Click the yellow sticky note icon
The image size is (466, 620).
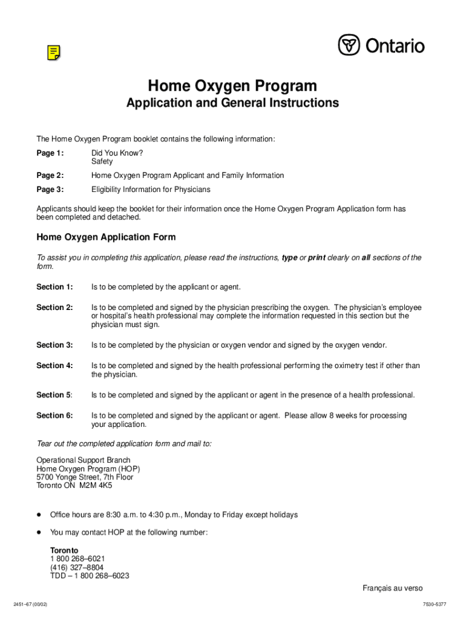pyautogui.click(x=54, y=53)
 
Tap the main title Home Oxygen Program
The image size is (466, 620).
pyautogui.click(x=232, y=85)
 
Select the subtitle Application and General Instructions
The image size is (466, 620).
pyautogui.click(x=232, y=103)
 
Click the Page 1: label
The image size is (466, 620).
pyautogui.click(x=50, y=153)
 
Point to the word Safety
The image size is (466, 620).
pyautogui.click(x=102, y=162)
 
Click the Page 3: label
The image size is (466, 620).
pyautogui.click(x=50, y=190)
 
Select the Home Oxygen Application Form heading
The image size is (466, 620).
pyautogui.click(x=106, y=237)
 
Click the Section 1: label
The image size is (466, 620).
pyautogui.click(x=54, y=287)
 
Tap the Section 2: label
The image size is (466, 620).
pyautogui.click(x=54, y=308)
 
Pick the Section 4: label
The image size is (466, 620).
pyautogui.click(x=54, y=366)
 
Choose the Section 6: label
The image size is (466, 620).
pyautogui.click(x=54, y=415)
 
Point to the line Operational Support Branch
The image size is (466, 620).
pyautogui.click(x=84, y=460)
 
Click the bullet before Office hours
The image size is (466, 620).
pyautogui.click(x=39, y=515)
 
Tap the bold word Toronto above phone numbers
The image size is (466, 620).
pyautogui.click(x=64, y=550)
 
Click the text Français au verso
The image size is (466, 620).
pyautogui.click(x=392, y=588)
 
